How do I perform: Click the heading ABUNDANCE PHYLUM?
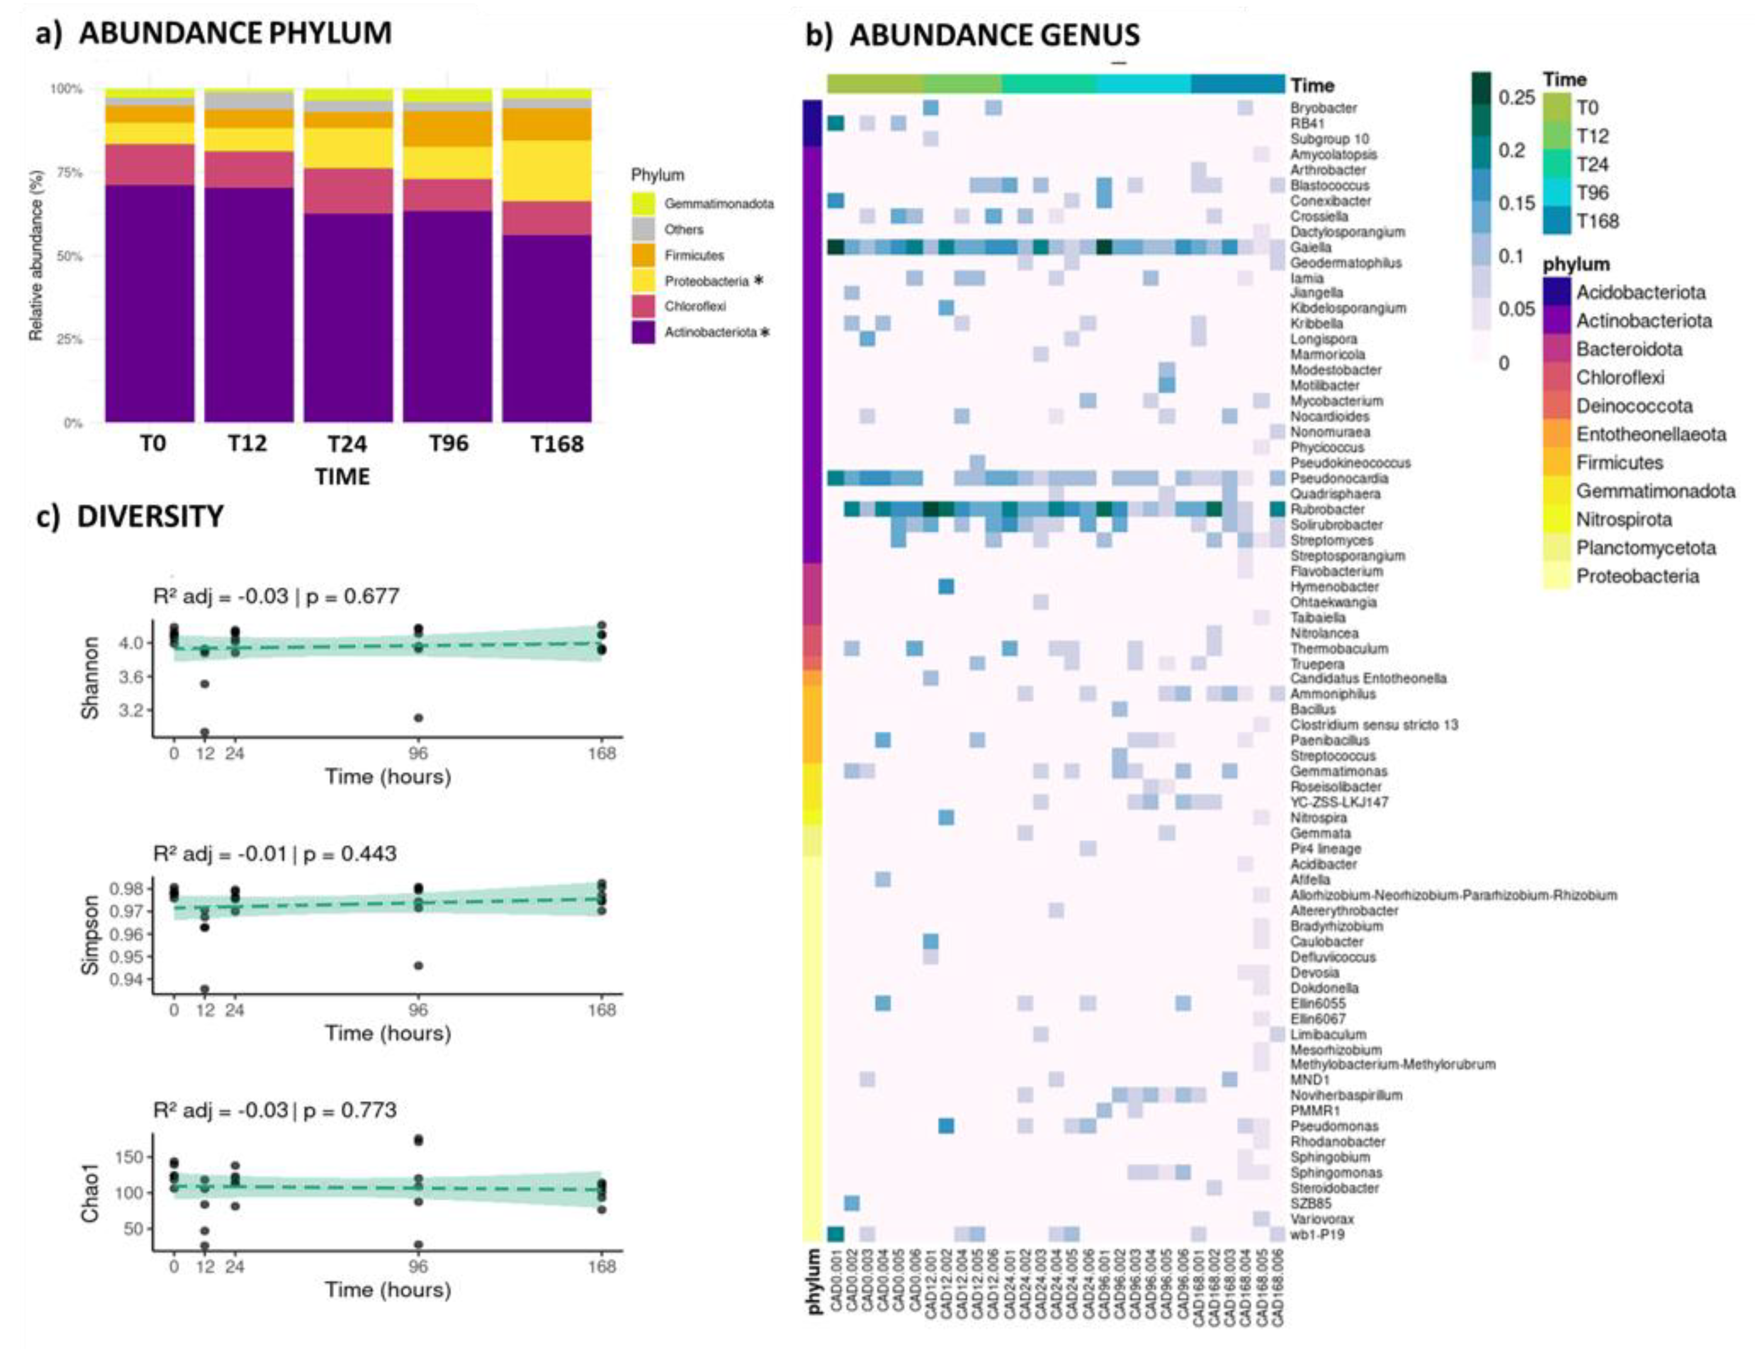[235, 34]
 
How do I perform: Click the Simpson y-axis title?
[91, 935]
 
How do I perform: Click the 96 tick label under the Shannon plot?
[418, 753]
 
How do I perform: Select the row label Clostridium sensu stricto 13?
[1374, 725]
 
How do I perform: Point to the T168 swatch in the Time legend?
[1556, 221]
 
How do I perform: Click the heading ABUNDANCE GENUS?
[994, 35]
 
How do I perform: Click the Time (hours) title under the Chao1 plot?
[388, 1289]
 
